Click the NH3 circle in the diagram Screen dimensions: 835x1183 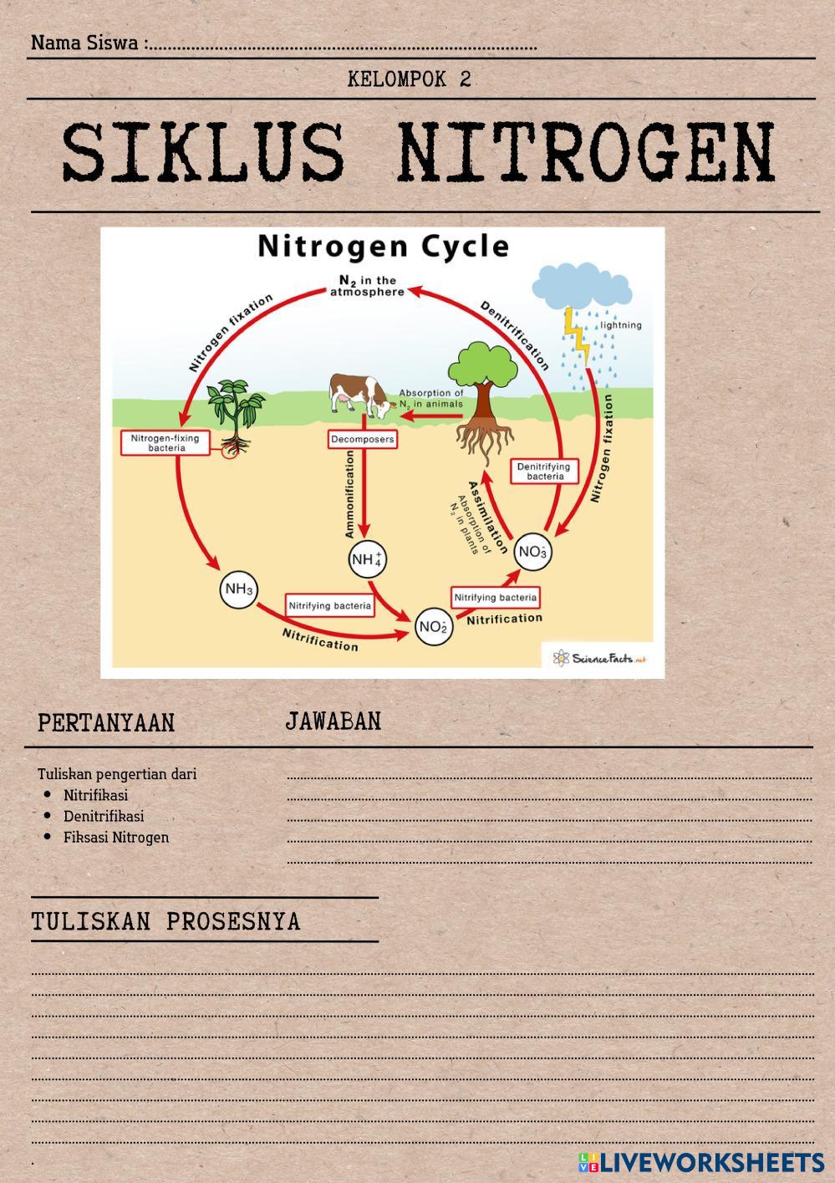[x=238, y=589]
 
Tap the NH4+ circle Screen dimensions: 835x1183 [x=367, y=558]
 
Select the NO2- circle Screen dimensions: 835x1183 [x=434, y=627]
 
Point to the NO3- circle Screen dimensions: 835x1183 [x=532, y=552]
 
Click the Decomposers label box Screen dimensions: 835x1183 [x=362, y=439]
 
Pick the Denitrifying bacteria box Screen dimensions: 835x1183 [x=544, y=472]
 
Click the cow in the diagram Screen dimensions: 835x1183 [x=360, y=395]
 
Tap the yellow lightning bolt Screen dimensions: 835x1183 [x=576, y=334]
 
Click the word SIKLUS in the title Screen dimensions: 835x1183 [x=203, y=154]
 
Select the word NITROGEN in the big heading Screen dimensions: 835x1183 [x=586, y=154]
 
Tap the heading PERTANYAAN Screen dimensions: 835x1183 [x=106, y=723]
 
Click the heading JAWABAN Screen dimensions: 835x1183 [x=333, y=722]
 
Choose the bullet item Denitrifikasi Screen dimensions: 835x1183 [x=104, y=816]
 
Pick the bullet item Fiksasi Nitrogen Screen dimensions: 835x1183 [x=116, y=837]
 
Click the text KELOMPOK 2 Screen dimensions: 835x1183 [x=409, y=79]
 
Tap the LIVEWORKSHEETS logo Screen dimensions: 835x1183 [x=700, y=1162]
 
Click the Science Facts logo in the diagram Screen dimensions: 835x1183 [x=598, y=658]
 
